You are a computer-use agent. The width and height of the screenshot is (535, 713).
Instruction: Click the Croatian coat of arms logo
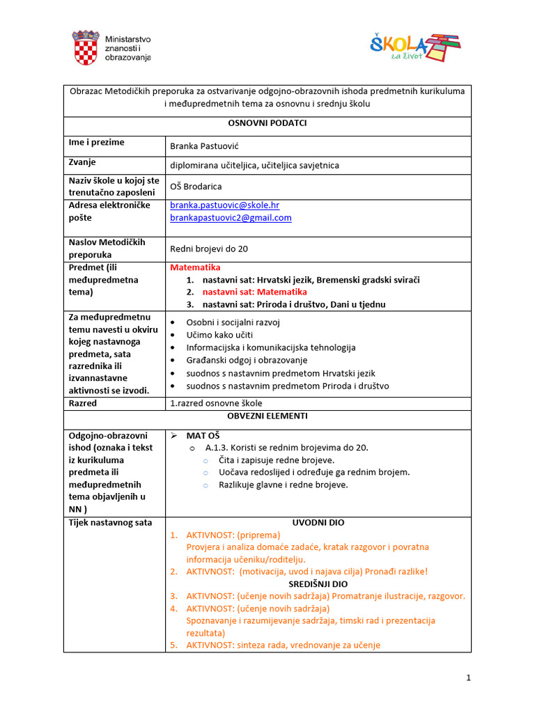coord(86,48)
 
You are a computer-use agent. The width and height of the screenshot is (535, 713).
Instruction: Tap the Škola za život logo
coord(415,48)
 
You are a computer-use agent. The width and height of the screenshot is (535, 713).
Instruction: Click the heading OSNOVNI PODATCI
coord(267,123)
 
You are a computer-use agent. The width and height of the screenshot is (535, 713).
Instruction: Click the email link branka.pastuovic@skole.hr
coord(224,205)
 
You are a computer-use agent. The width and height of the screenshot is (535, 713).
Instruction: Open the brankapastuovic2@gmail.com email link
coord(231,217)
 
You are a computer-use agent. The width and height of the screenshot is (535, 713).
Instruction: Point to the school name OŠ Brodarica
coord(196,186)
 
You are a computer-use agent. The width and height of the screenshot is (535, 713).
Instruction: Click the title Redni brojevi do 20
coord(209,249)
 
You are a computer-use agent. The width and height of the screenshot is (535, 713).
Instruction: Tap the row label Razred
coord(83,403)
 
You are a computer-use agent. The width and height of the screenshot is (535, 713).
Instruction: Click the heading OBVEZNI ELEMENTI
coord(267,416)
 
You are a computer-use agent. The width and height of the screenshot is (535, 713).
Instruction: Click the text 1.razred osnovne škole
coord(217,403)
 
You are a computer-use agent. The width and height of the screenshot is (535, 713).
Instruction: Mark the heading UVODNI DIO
coord(318,522)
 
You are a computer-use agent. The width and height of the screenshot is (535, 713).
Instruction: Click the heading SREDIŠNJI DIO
coord(318,584)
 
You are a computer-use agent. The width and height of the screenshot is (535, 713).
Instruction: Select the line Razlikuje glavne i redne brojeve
coord(283,485)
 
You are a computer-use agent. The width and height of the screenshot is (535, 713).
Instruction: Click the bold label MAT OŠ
coord(203,435)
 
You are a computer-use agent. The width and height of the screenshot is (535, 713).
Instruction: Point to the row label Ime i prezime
coord(96,142)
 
